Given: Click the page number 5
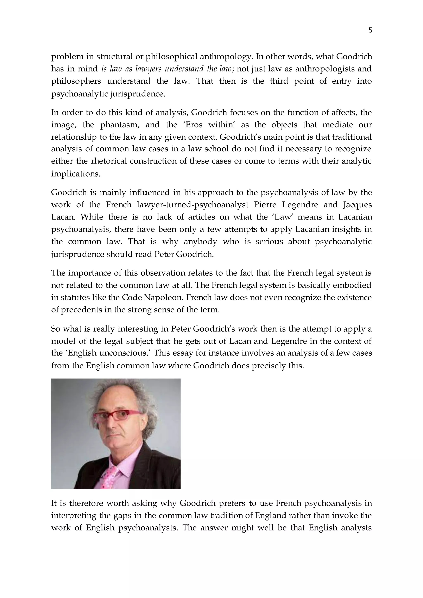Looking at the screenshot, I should pos(370,31).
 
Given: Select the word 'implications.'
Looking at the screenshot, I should pos(76,173).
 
